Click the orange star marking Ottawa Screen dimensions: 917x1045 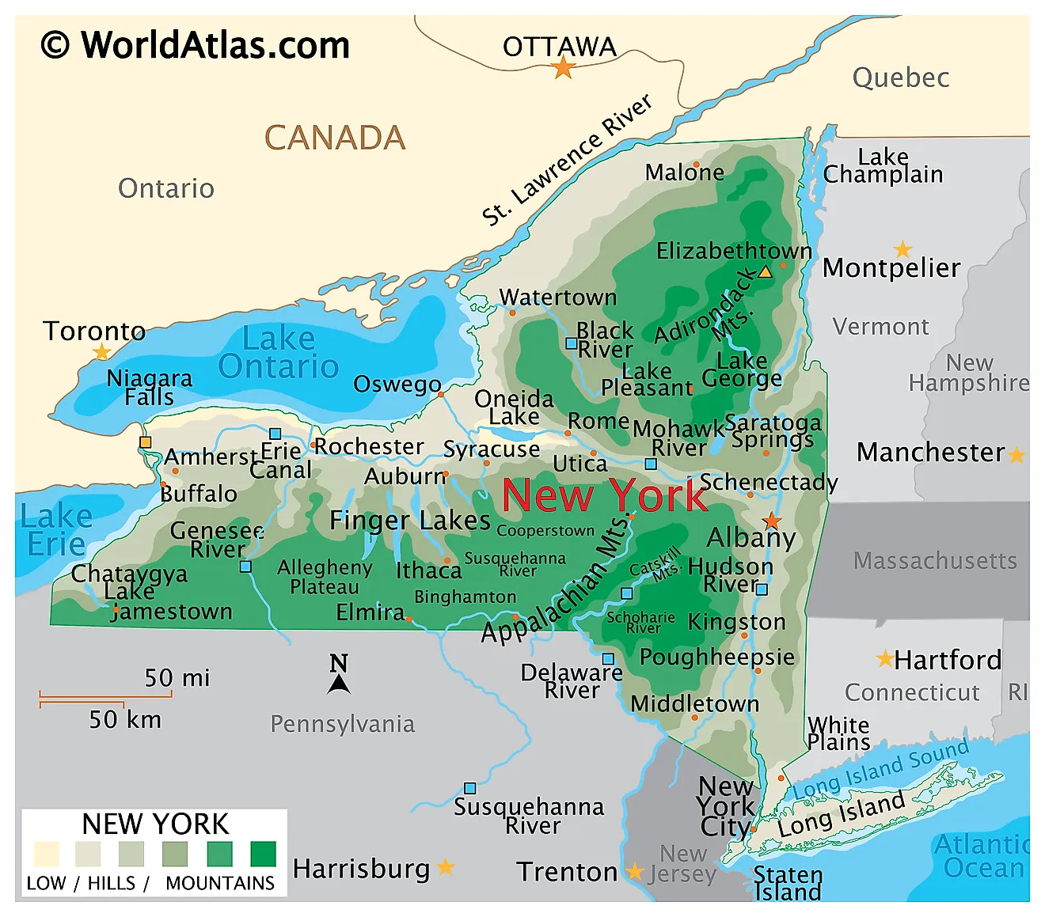click(x=563, y=68)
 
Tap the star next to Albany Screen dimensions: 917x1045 click(x=772, y=521)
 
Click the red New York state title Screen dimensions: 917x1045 click(x=605, y=496)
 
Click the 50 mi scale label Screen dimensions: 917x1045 click(x=177, y=678)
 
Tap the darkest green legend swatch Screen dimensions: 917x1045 click(x=263, y=854)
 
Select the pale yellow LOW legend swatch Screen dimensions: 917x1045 click(x=47, y=854)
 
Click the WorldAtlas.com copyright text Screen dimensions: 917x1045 click(x=196, y=45)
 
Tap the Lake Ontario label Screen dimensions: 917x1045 click(x=279, y=353)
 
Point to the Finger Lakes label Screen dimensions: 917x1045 click(x=410, y=520)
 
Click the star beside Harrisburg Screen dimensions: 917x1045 click(x=446, y=867)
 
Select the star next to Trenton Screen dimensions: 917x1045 click(x=635, y=872)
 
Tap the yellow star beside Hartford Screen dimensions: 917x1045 click(x=884, y=658)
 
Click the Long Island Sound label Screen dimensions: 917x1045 click(x=880, y=767)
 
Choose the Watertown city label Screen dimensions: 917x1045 click(x=558, y=297)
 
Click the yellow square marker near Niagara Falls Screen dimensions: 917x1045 click(x=145, y=442)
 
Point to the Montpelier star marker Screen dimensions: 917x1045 click(x=902, y=249)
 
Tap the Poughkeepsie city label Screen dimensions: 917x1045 click(x=716, y=657)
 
